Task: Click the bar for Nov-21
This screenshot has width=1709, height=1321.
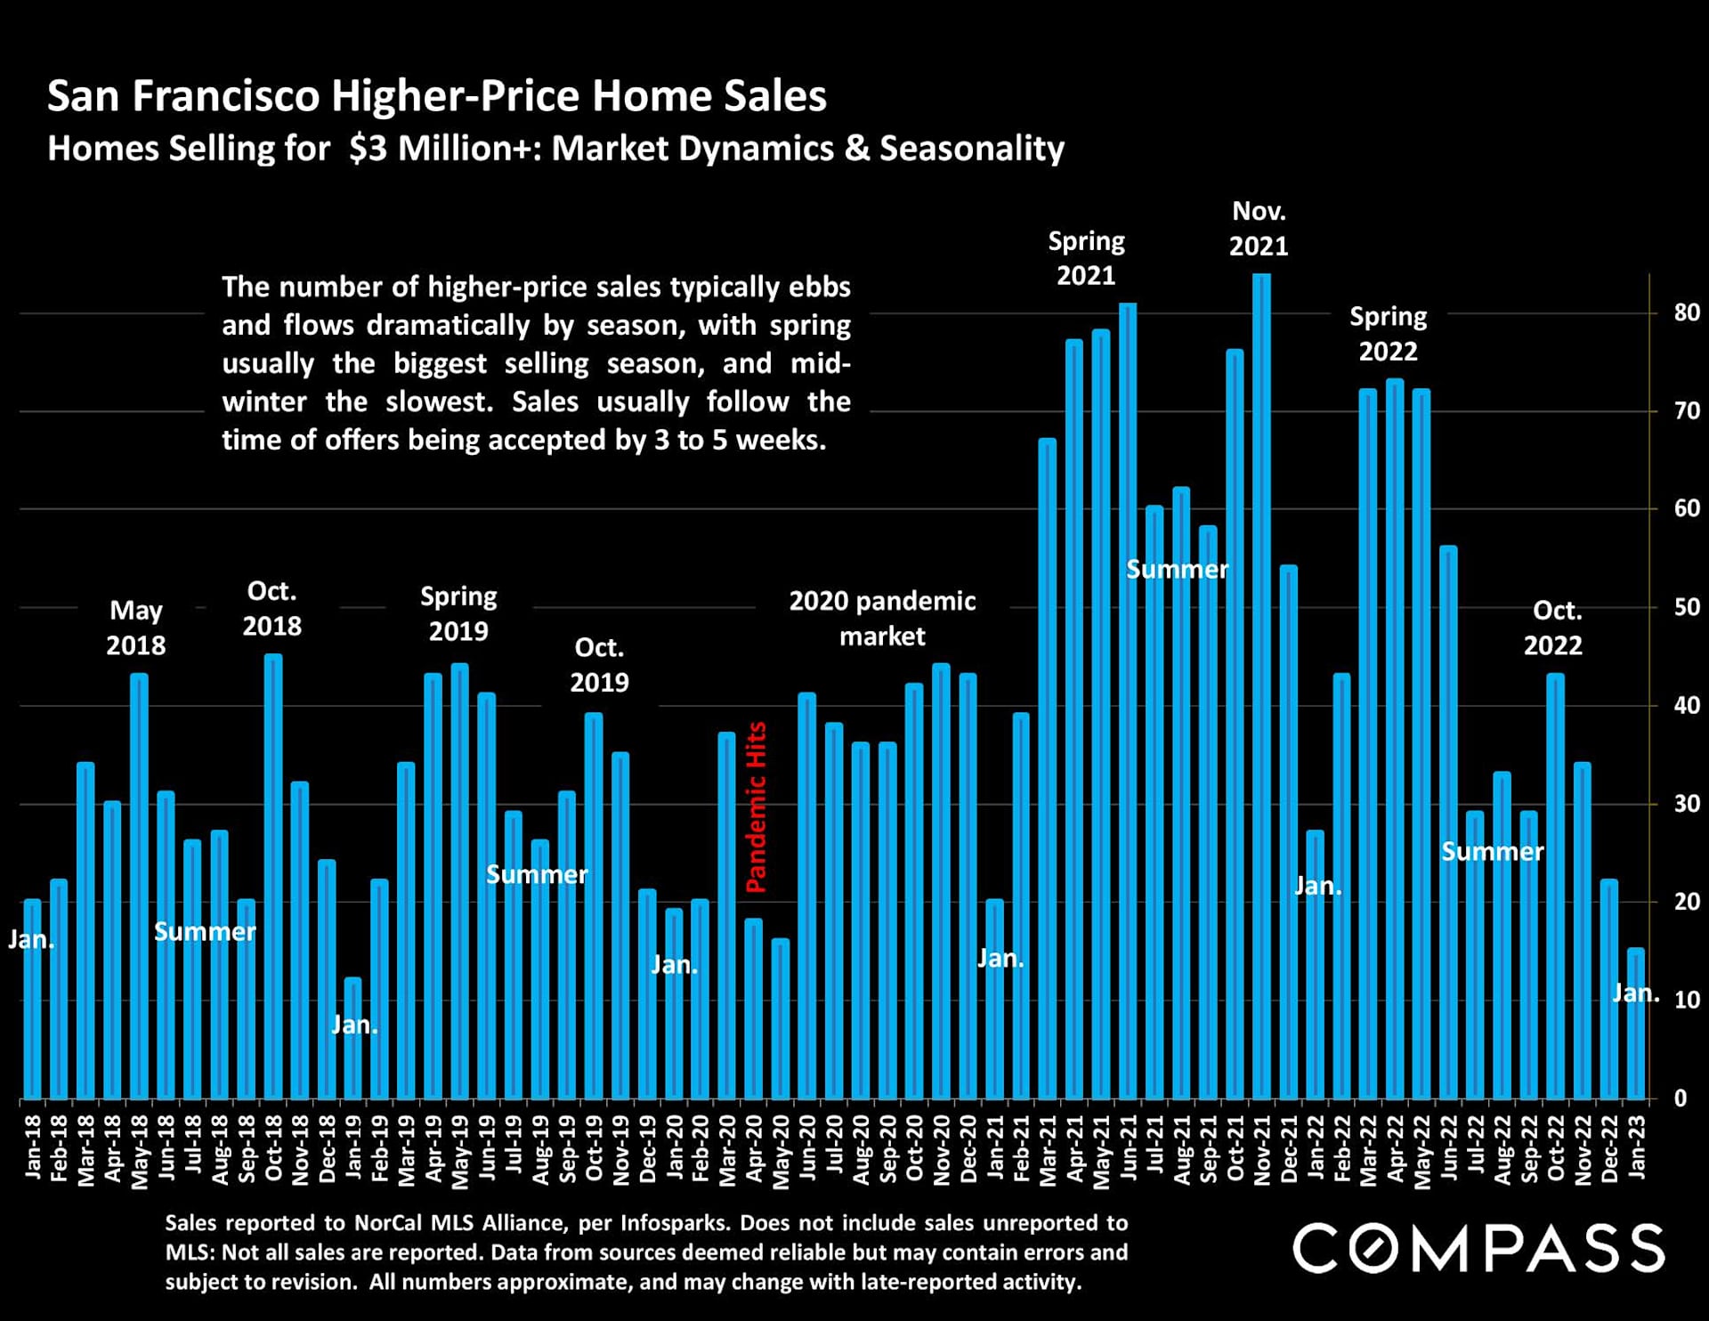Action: [x=1261, y=685]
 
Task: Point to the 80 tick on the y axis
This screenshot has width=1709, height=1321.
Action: [x=1686, y=312]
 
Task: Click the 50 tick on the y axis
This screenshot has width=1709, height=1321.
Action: [x=1686, y=607]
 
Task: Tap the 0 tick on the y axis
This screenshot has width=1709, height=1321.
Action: [x=1681, y=1098]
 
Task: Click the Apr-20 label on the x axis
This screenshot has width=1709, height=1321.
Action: [x=754, y=1149]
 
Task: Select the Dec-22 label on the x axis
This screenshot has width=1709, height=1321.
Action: [x=1609, y=1149]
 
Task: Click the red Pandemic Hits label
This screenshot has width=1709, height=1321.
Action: [x=756, y=806]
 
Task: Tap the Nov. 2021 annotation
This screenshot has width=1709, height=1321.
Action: [x=1259, y=228]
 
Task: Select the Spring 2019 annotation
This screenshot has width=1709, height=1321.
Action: [x=458, y=613]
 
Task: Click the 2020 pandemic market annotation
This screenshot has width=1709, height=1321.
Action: [x=882, y=619]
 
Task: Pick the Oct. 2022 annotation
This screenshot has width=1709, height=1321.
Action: [x=1553, y=628]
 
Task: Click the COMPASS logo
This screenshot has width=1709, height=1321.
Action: [x=1478, y=1248]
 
